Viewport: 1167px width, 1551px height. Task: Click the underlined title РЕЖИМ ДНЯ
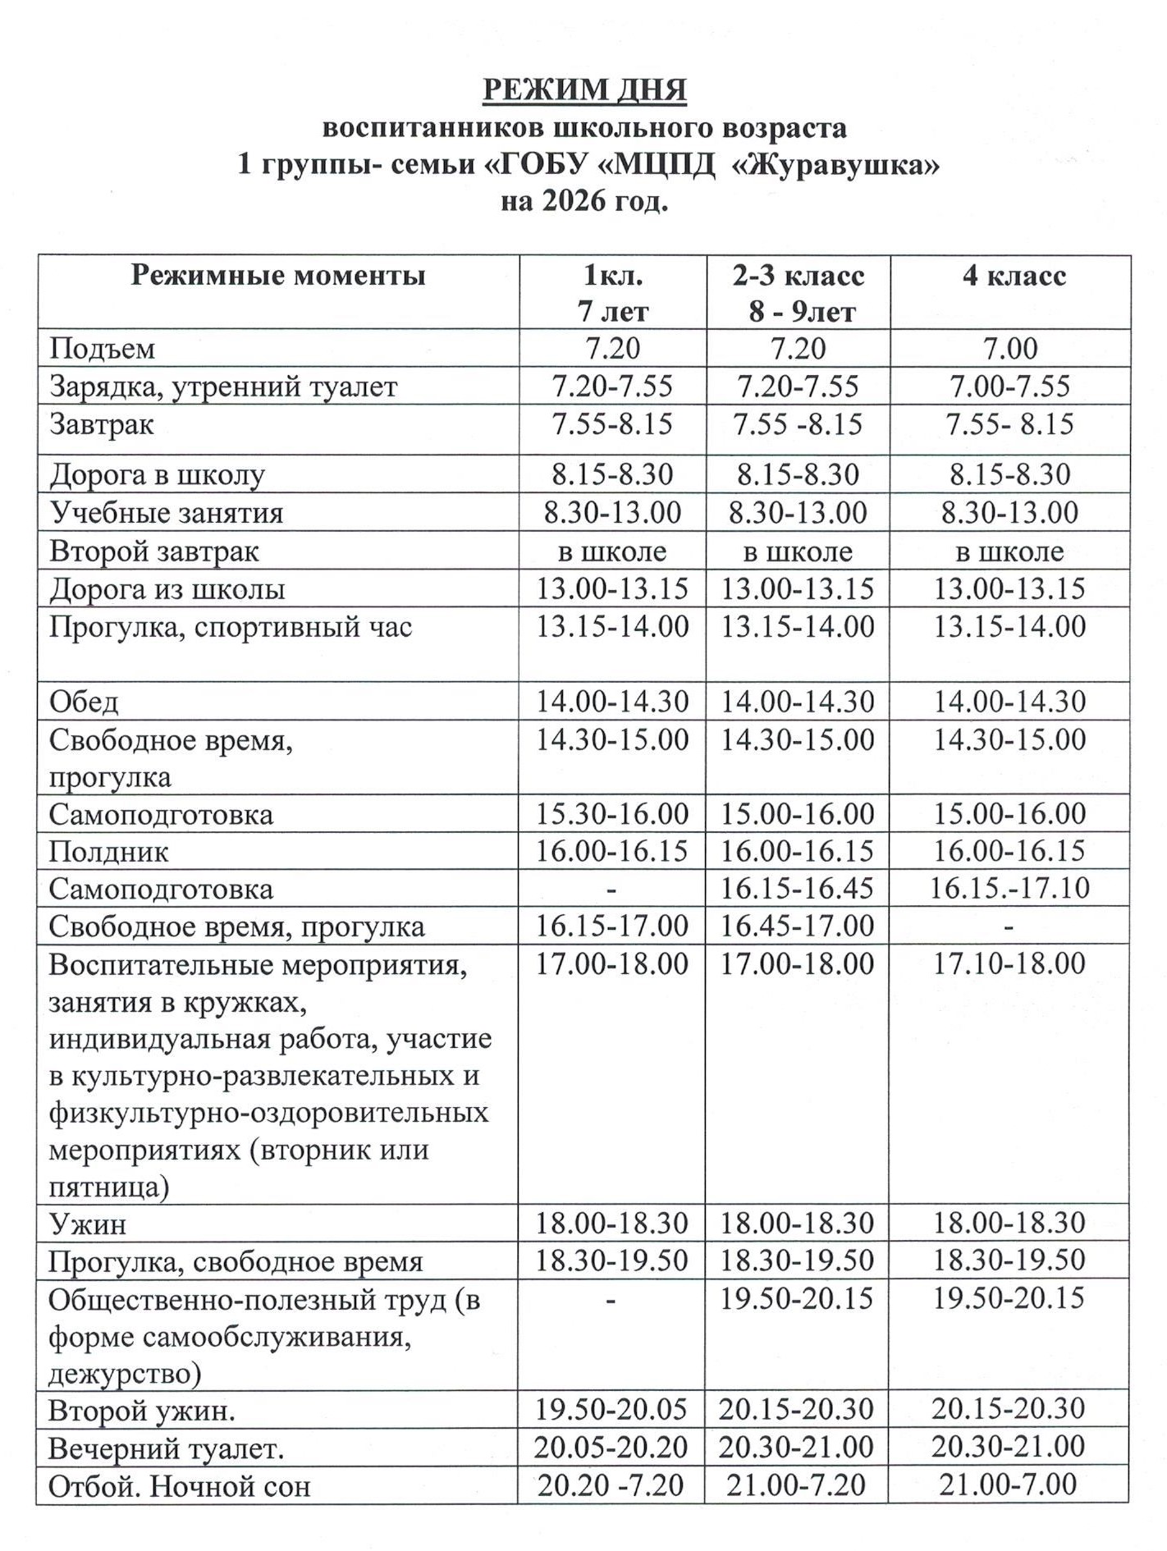point(583,89)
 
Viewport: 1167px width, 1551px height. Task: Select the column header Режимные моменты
point(278,276)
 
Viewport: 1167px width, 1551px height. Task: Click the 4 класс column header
point(1014,276)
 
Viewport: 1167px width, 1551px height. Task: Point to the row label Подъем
point(102,349)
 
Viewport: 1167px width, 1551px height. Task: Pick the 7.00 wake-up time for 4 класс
point(1010,348)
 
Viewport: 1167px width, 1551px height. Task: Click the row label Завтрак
point(102,425)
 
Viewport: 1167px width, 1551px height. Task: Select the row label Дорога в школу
point(157,474)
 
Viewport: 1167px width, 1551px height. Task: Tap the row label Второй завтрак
point(154,551)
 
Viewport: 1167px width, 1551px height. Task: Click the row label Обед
point(84,702)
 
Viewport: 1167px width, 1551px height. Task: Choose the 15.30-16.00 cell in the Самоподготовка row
point(612,813)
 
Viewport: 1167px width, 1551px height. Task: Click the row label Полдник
point(108,851)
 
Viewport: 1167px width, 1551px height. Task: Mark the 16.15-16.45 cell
point(797,888)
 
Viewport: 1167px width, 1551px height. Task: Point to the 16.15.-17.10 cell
point(1009,888)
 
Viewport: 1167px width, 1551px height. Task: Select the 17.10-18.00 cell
point(1009,963)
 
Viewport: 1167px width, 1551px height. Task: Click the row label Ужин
point(88,1224)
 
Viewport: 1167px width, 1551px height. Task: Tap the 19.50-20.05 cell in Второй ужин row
point(611,1410)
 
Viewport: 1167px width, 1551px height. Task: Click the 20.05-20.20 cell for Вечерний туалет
point(611,1447)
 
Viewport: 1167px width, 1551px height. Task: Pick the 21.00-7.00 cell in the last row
point(1008,1485)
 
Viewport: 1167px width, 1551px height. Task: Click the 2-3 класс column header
point(799,276)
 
